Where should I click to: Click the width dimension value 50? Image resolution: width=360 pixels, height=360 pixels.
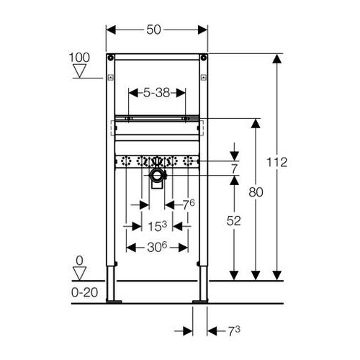153,30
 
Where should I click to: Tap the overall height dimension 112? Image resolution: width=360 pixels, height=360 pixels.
276,163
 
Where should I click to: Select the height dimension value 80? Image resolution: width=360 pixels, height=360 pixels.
256,192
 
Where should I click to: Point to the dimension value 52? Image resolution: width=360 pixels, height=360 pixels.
233,221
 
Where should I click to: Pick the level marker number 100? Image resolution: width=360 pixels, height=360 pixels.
79,58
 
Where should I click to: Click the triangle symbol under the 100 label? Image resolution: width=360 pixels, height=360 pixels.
79,71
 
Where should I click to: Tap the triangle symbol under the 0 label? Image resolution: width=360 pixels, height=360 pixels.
79,273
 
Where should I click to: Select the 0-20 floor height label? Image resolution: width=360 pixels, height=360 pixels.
85,292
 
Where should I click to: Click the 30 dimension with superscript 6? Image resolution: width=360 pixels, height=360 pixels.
157,247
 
